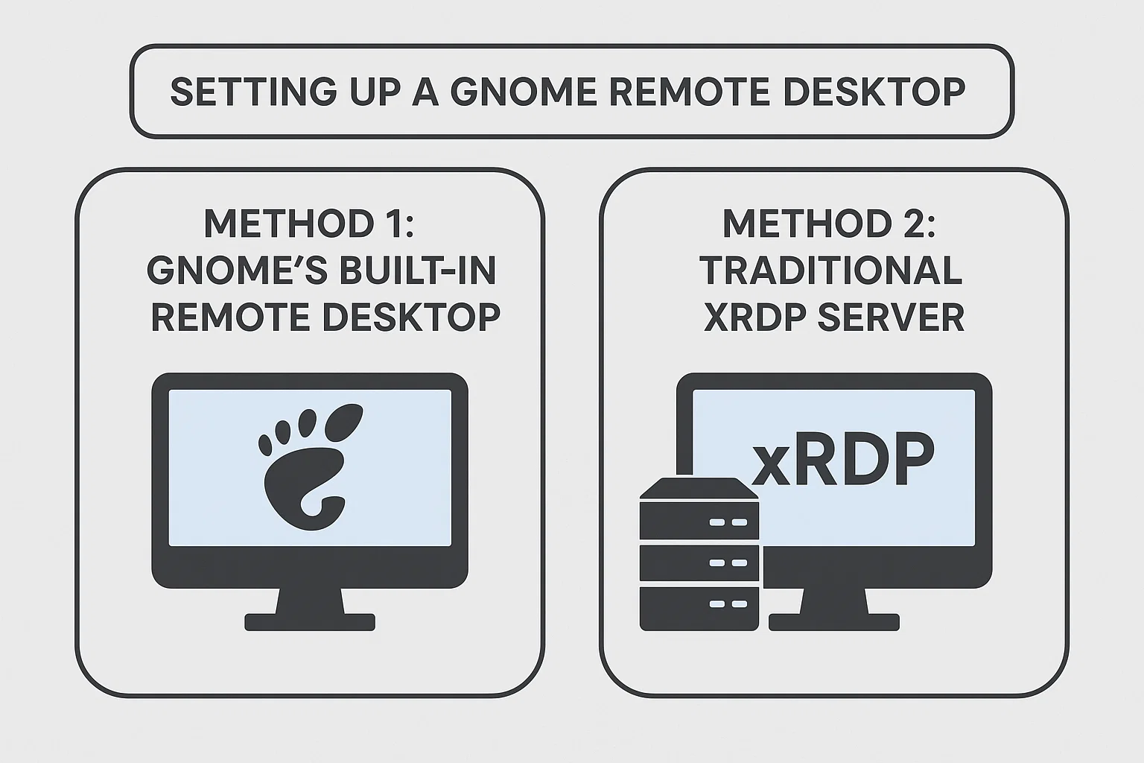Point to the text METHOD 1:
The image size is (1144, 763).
pos(308,223)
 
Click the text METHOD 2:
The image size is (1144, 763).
pos(829,223)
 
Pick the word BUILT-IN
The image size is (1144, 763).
pos(416,270)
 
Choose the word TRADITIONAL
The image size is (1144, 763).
pos(831,270)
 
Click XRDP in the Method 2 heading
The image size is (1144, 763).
pos(753,317)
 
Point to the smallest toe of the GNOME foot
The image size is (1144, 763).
pos(265,444)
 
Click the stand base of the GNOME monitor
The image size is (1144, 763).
pos(310,621)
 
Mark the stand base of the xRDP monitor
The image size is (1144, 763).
pos(834,621)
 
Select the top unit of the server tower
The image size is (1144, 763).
pos(699,521)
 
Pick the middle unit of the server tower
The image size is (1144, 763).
pos(699,563)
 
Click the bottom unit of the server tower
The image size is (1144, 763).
pos(699,605)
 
